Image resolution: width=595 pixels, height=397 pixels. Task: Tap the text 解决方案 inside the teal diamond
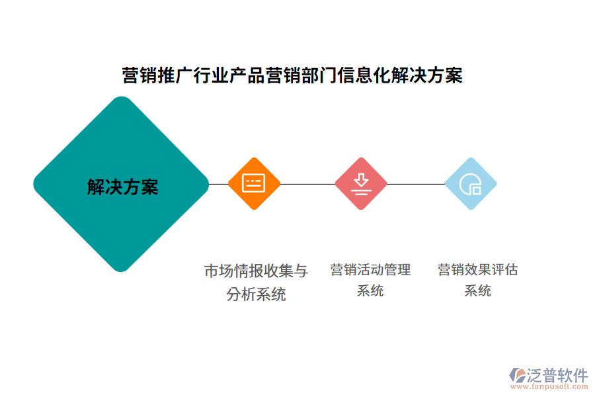tap(122, 187)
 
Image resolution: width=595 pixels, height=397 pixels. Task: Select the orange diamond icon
tap(254, 183)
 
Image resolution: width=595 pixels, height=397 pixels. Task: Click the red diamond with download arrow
tap(360, 183)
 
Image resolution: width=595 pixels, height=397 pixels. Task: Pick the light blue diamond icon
tap(471, 183)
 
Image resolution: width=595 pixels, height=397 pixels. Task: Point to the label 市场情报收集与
tap(256, 271)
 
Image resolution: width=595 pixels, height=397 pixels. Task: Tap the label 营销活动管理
tap(370, 270)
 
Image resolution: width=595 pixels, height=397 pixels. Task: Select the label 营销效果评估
tap(477, 270)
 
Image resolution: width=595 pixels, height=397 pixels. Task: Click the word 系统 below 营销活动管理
tap(370, 290)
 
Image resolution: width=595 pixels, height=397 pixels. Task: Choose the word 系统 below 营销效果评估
tap(477, 290)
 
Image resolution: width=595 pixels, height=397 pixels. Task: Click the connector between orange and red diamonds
tap(307, 184)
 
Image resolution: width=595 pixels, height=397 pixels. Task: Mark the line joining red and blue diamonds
tap(415, 184)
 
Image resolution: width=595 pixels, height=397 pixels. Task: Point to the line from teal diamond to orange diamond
tap(218, 184)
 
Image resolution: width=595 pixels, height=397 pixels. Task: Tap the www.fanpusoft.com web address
tap(554, 388)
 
